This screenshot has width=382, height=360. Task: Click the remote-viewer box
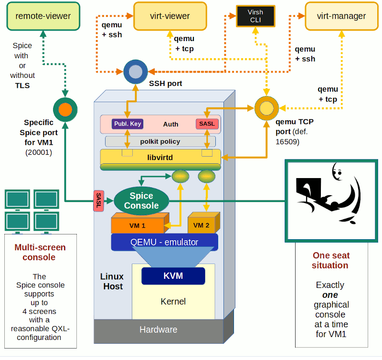[43, 16]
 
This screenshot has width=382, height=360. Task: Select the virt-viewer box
[170, 16]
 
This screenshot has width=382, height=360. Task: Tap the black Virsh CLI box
[255, 16]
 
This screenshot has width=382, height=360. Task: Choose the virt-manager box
[341, 16]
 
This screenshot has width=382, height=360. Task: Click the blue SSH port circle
[136, 72]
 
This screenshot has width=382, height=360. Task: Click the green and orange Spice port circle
[64, 109]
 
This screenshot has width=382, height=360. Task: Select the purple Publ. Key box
[127, 124]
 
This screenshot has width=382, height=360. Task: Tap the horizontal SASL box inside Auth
[207, 124]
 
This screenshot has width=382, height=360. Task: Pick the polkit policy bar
[160, 141]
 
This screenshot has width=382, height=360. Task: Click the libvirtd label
[160, 156]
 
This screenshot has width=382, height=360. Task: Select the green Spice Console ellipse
[141, 201]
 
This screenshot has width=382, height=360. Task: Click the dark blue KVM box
[173, 276]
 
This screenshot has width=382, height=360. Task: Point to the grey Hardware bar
[158, 330]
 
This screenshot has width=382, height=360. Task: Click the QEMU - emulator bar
[164, 242]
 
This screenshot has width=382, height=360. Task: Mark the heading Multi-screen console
[40, 252]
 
